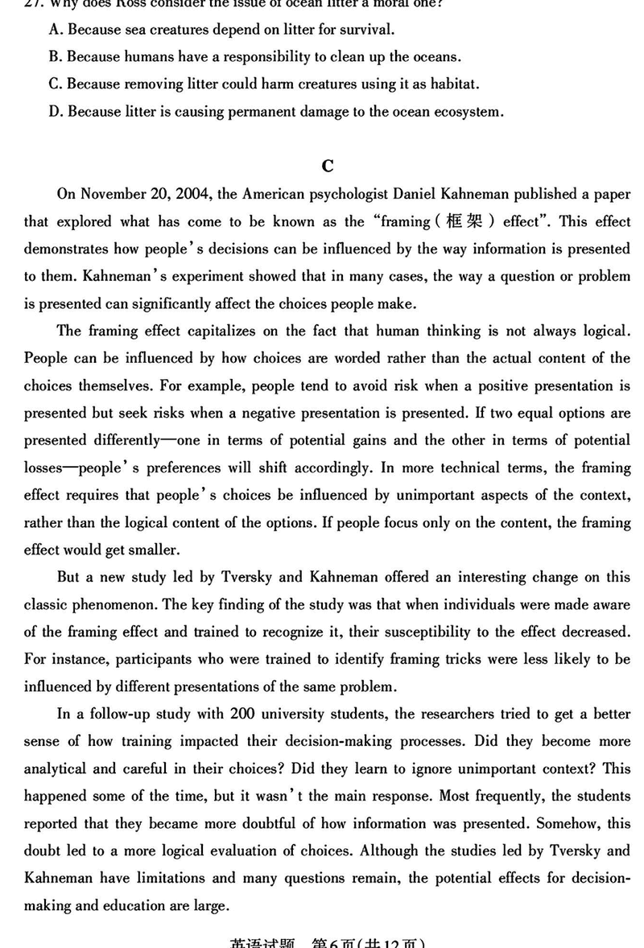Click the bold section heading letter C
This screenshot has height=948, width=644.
(327, 166)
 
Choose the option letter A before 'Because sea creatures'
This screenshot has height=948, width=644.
(56, 30)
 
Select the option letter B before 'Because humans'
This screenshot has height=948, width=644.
(56, 57)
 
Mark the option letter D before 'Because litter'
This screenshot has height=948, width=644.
(56, 112)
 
